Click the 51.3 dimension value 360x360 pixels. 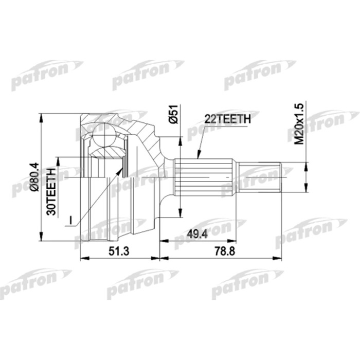click(119, 251)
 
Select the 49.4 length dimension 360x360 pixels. click(197, 234)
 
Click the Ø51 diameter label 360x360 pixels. click(174, 114)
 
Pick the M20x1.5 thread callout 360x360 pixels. click(299, 124)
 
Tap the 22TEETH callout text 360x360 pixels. click(227, 119)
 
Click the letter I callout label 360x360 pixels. click(71, 220)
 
